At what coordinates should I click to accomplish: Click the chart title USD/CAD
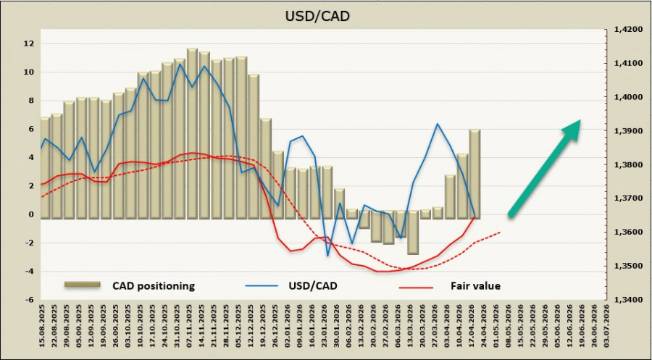coord(325,15)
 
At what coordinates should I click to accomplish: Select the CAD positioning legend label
coord(154,286)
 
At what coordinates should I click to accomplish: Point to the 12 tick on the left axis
coord(29,43)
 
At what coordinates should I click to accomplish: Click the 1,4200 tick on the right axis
coord(624,30)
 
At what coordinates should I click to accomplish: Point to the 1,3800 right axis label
coord(624,165)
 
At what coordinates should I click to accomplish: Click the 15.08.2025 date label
coord(45,330)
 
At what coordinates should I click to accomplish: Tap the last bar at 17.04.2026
coord(475,174)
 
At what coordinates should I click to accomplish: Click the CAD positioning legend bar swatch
coord(81,286)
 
